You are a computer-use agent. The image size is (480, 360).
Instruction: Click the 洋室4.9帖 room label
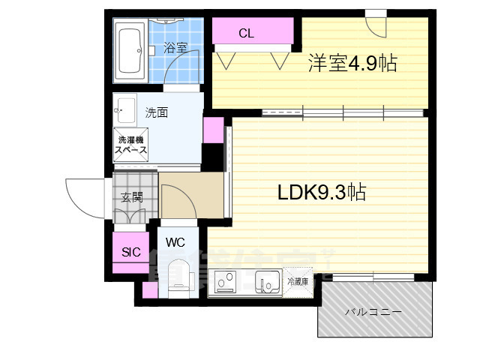click(351, 64)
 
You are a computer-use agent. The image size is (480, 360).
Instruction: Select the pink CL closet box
click(253, 33)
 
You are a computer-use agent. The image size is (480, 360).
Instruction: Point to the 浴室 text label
click(174, 49)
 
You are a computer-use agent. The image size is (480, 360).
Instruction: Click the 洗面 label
click(156, 112)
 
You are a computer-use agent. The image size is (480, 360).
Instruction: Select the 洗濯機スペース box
click(131, 144)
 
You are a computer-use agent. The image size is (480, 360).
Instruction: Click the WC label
click(175, 242)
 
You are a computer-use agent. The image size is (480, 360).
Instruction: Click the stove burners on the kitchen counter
click(226, 283)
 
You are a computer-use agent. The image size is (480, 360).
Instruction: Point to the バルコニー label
click(373, 311)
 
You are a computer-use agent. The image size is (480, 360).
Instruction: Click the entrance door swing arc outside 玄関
click(84, 197)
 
